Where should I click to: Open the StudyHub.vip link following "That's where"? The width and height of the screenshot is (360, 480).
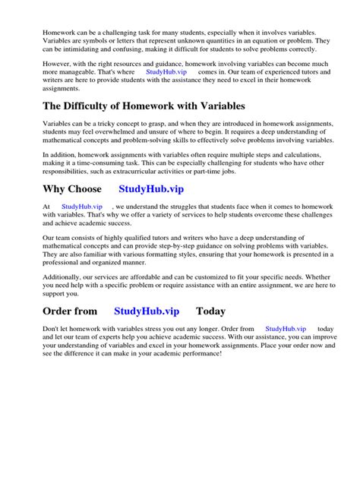pyautogui.click(x=166, y=71)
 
